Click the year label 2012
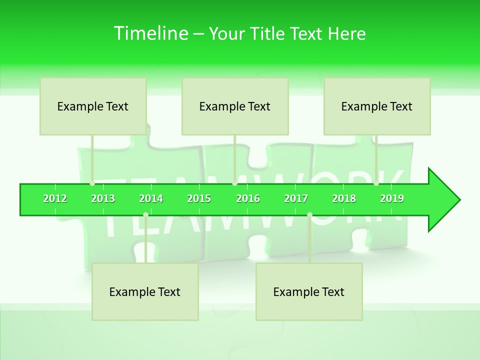pos(55,198)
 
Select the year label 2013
pos(103,198)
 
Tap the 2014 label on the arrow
pos(151,198)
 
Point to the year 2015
pos(199,198)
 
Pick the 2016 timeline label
pos(248,198)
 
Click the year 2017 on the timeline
pos(296,198)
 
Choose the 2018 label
pos(344,198)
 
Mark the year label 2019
pos(392,198)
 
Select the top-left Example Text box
pos(93,106)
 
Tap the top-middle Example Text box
pos(235,106)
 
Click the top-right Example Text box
pos(377,106)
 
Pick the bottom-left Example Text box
pos(145,291)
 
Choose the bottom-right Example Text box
pos(309,291)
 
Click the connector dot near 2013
pos(92,183)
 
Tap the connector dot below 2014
pos(145,215)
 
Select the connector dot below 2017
pos(309,215)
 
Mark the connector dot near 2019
pos(376,183)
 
